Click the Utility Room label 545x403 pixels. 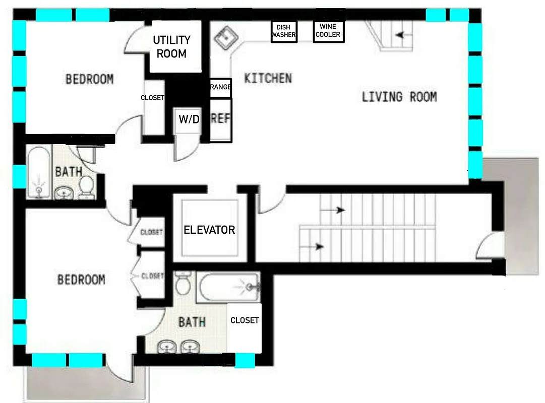point(171,47)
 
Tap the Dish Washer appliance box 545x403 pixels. point(284,32)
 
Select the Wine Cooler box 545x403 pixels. point(328,31)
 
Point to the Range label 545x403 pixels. point(220,88)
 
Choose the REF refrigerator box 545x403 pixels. point(220,119)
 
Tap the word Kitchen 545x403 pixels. point(268,79)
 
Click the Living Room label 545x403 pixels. point(399,97)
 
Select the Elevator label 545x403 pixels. point(209,230)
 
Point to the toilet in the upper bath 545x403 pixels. point(87,186)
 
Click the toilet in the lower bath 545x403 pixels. point(183,285)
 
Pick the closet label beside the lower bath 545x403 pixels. point(245,320)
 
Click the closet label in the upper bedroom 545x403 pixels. point(152,98)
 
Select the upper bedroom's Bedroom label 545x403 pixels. point(89,79)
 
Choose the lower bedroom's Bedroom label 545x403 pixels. point(81,279)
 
